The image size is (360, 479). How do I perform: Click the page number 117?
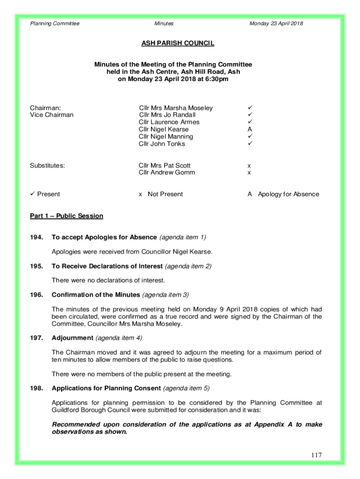[316, 455]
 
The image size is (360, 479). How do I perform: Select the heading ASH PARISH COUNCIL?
[178, 44]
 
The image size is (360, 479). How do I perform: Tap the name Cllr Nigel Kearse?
[164, 130]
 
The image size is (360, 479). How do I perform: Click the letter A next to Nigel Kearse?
[250, 130]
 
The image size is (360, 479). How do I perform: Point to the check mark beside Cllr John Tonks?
[250, 144]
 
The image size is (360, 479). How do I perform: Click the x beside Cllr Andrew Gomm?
[249, 173]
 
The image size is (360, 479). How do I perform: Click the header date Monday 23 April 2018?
[276, 23]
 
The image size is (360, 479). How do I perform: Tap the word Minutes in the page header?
[164, 23]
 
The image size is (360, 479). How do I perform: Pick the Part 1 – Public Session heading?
[66, 216]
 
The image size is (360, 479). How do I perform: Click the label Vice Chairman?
[51, 115]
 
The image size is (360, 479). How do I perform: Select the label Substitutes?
[47, 166]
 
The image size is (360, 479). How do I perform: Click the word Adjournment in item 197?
[72, 338]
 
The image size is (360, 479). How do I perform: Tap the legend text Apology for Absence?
[288, 194]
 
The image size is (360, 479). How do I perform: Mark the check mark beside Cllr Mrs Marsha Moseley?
[250, 108]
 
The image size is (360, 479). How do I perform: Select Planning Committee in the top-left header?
[55, 23]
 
